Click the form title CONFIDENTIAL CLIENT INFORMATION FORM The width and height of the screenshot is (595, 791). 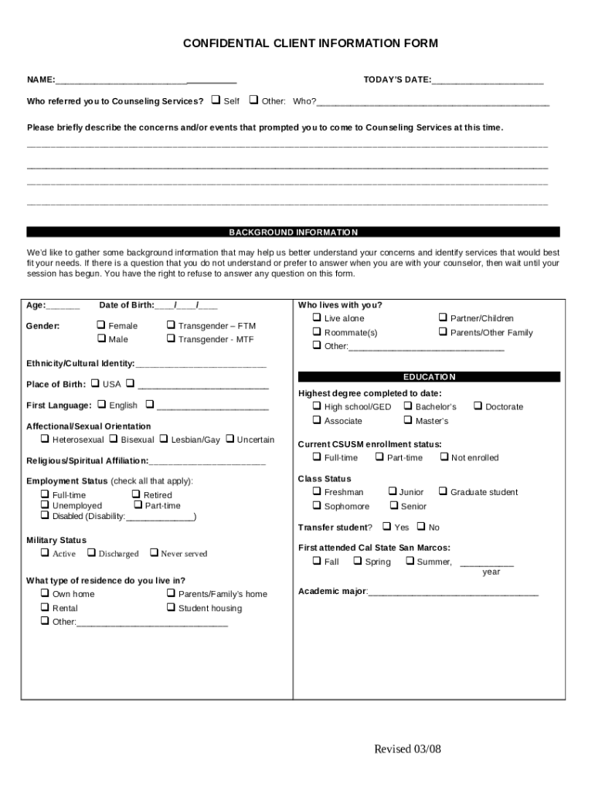point(310,43)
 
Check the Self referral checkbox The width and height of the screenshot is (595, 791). point(216,100)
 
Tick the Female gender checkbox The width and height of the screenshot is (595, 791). point(101,325)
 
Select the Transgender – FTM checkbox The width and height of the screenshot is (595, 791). point(171,325)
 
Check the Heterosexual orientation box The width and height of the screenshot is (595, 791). point(45,439)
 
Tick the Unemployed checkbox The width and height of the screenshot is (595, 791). point(45,505)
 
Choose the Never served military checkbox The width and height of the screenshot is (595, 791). point(154,553)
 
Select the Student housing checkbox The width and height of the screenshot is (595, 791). point(171,608)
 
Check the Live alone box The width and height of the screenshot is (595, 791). point(317,317)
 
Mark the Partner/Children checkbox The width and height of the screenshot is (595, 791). point(443,317)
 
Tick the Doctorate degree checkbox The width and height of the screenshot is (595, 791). point(478,406)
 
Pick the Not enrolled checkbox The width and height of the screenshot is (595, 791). point(444,457)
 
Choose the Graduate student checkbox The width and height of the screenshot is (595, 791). point(443,491)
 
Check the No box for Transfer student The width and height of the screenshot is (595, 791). point(420,527)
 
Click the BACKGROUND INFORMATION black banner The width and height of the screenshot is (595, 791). point(293,232)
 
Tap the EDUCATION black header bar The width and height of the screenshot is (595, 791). point(429,377)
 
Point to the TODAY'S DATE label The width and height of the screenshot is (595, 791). point(397,80)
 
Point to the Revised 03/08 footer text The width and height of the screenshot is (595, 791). point(407,749)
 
